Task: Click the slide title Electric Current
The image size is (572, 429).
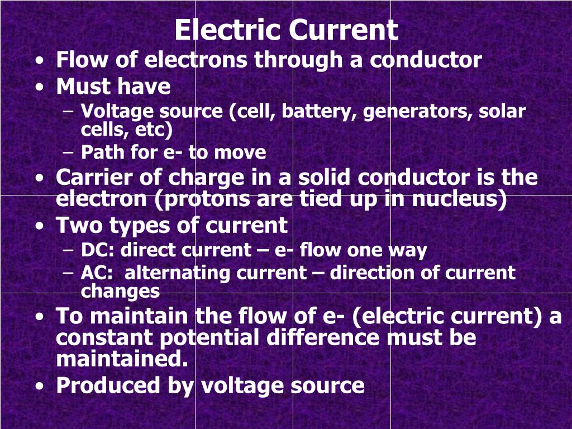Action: click(x=286, y=30)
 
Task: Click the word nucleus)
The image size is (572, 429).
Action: click(x=459, y=199)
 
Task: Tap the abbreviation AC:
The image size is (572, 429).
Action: click(x=98, y=273)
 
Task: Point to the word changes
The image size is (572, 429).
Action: click(x=120, y=291)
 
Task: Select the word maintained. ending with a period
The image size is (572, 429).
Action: click(x=122, y=359)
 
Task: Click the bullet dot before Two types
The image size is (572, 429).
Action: click(x=39, y=226)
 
